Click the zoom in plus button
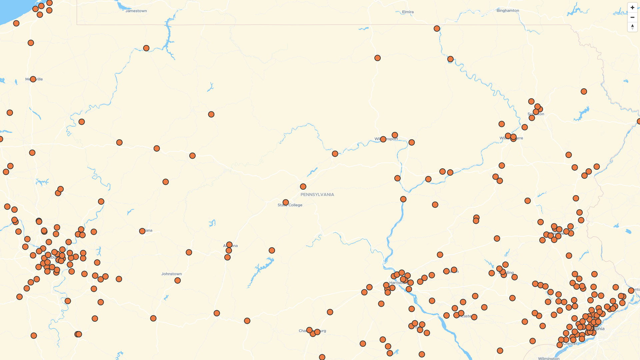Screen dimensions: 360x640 point(632,8)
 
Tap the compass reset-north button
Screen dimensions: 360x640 point(632,27)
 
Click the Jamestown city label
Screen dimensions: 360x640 point(136,11)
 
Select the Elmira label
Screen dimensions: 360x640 point(408,12)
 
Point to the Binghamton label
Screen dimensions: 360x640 point(508,11)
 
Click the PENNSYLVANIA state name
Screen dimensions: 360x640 point(317,195)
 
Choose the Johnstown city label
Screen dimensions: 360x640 point(171,274)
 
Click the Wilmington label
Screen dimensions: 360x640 point(549,358)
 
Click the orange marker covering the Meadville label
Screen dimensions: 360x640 point(33,79)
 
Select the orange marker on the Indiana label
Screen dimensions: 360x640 point(142,231)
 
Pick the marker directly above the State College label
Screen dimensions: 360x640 point(286,202)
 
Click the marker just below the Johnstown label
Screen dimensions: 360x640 point(178,281)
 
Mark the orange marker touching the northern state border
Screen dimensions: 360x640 point(437,29)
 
